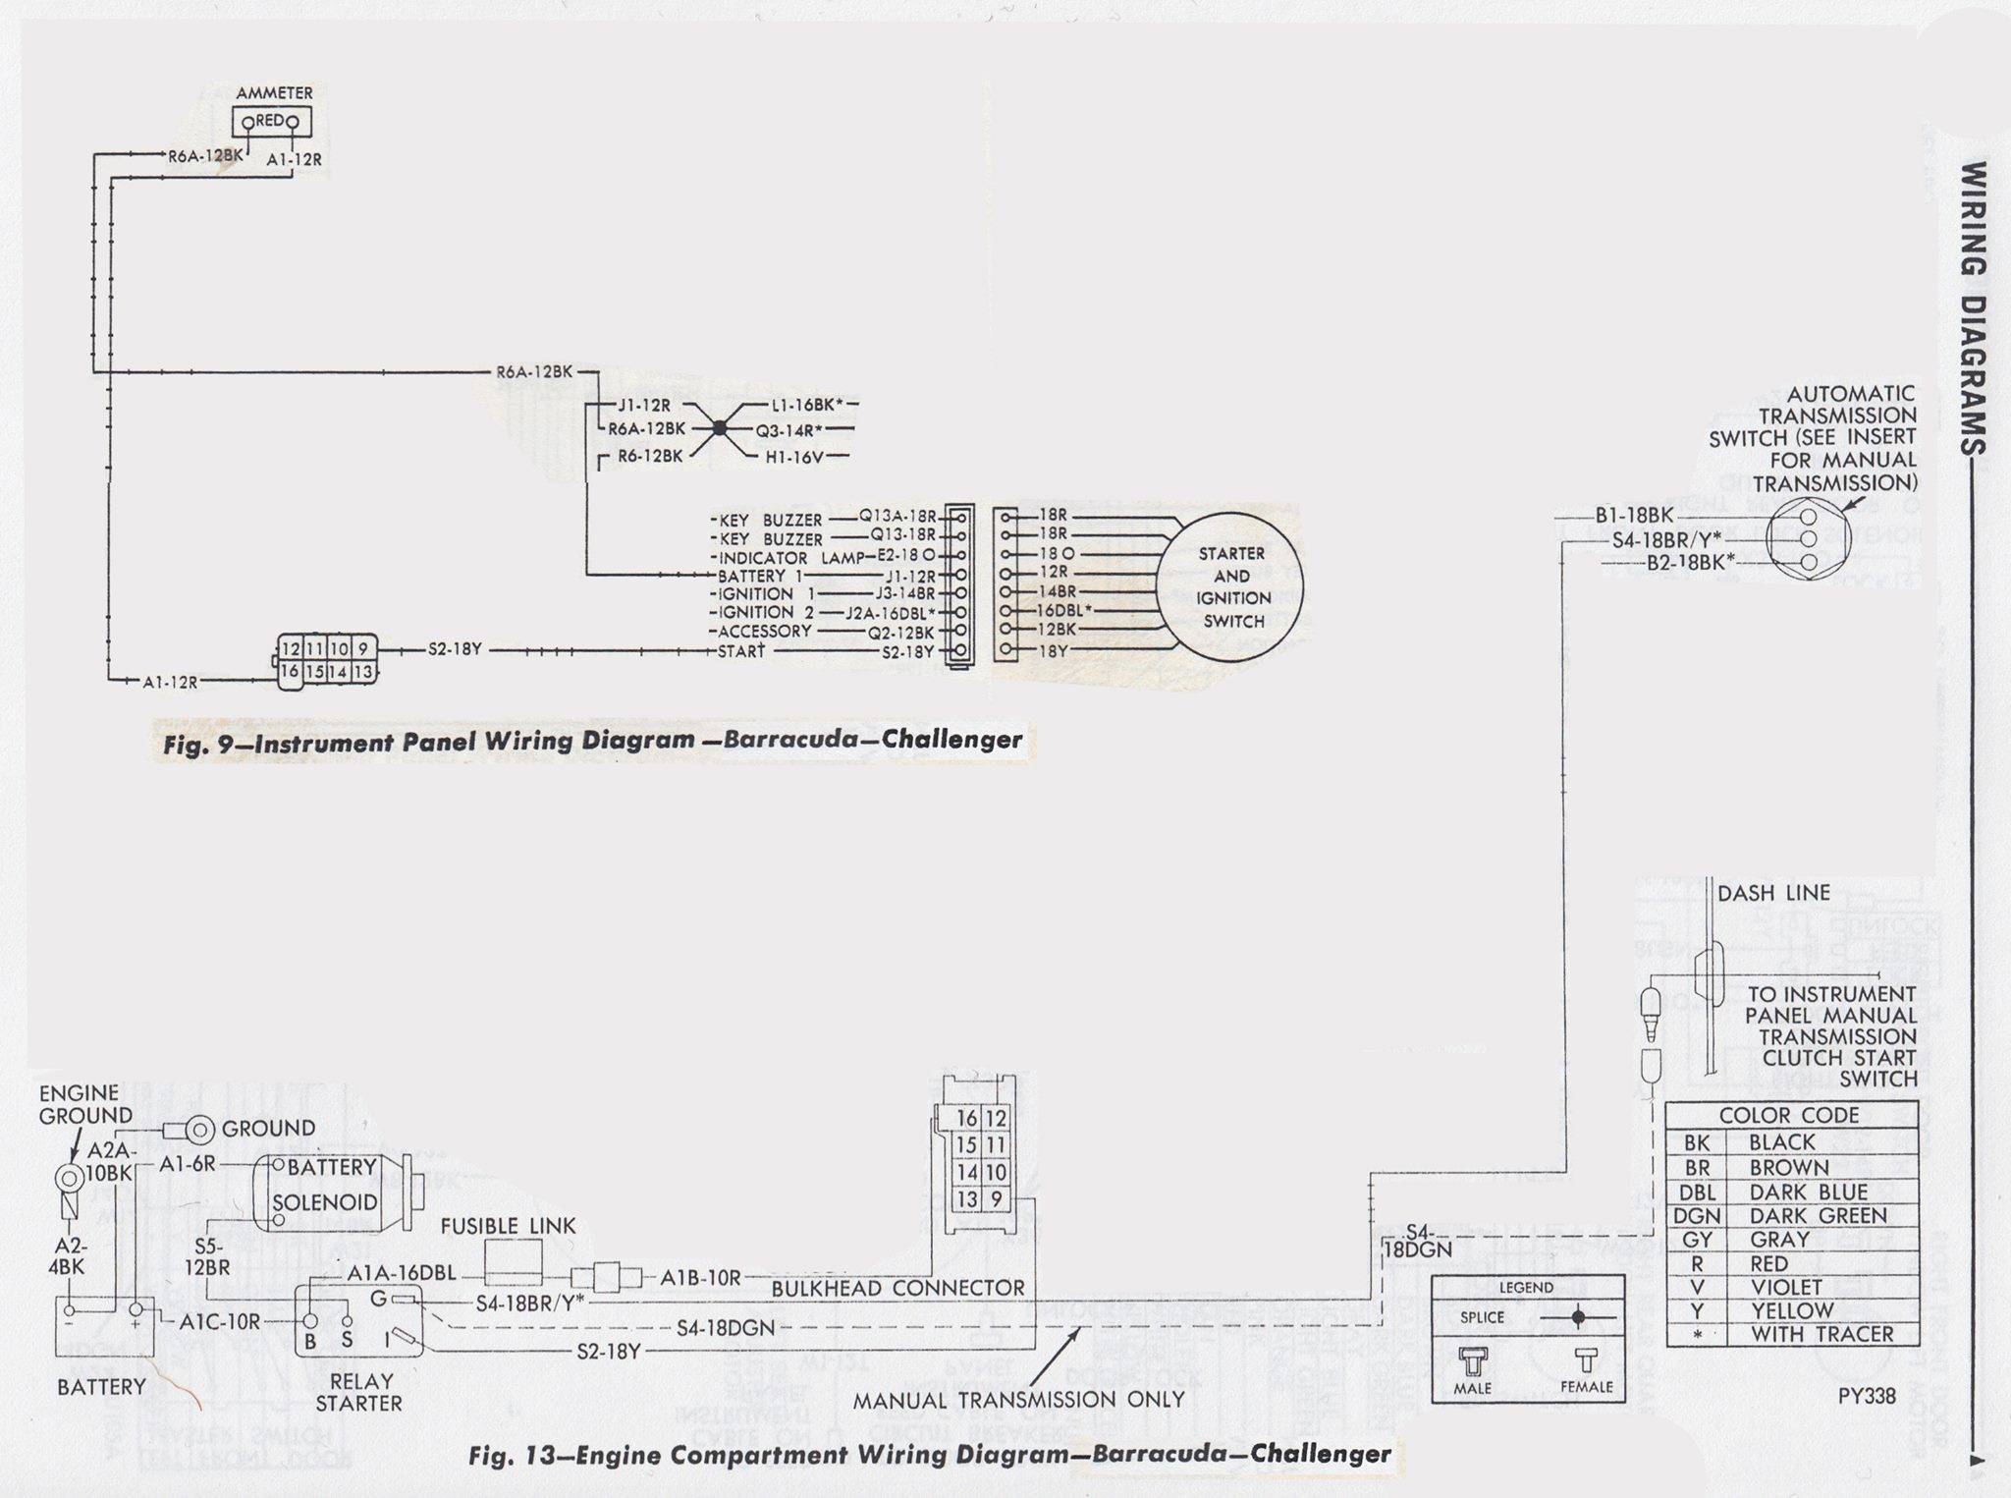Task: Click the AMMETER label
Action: pyautogui.click(x=274, y=93)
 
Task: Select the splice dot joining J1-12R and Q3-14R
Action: pyautogui.click(x=720, y=429)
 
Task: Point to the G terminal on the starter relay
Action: pyautogui.click(x=378, y=1300)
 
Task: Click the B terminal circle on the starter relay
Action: pyautogui.click(x=310, y=1322)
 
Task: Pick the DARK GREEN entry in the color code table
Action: pyautogui.click(x=1818, y=1216)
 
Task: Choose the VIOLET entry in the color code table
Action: pyautogui.click(x=1786, y=1287)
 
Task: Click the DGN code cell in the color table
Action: pyautogui.click(x=1697, y=1216)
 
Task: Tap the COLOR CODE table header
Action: pyautogui.click(x=1789, y=1115)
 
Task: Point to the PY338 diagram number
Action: pyautogui.click(x=1867, y=1395)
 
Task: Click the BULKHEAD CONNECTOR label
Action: pyautogui.click(x=897, y=1288)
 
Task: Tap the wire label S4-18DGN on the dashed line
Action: pyautogui.click(x=726, y=1328)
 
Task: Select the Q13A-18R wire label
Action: pyautogui.click(x=898, y=516)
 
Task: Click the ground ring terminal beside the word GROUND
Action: pyautogui.click(x=200, y=1130)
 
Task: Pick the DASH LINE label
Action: pyautogui.click(x=1773, y=893)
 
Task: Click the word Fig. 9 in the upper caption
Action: pyautogui.click(x=202, y=745)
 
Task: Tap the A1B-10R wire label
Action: pyautogui.click(x=700, y=1278)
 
